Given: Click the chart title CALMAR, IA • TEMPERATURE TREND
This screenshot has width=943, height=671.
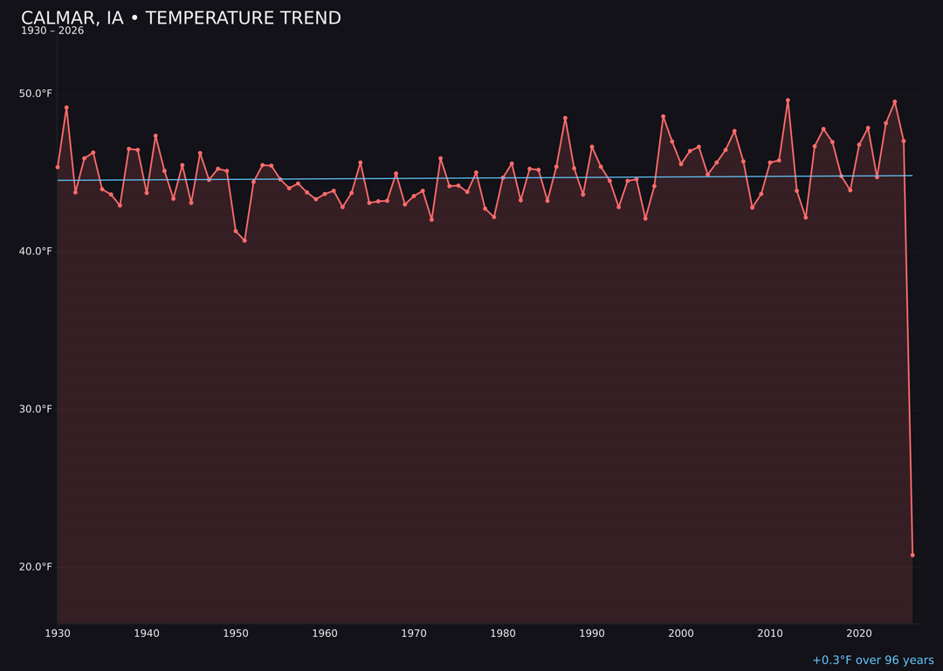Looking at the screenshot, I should [x=181, y=18].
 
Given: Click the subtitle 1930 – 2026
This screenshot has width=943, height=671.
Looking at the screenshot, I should [x=52, y=31].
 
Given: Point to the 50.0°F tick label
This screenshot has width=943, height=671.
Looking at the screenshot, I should [x=36, y=93].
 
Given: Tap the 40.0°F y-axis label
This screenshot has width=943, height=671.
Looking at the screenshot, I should [x=36, y=252].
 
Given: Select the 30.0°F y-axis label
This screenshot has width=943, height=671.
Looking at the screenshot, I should [x=36, y=409].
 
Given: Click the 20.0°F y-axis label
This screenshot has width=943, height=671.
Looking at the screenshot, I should [x=36, y=567].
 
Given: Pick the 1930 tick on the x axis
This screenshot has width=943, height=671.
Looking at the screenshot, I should [x=58, y=633].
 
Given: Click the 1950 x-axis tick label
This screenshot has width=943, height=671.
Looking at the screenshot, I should [x=236, y=633].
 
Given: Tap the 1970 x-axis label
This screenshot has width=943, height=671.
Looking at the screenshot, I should [x=414, y=633].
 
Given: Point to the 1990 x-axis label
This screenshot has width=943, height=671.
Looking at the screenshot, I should [x=592, y=633].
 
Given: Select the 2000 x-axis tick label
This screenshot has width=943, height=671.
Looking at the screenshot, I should [x=681, y=633].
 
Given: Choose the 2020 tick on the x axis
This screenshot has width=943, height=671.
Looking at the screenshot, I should [x=859, y=633].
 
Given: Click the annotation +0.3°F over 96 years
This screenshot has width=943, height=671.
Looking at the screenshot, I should [x=872, y=661].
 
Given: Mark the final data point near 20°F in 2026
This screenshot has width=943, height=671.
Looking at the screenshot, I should [x=912, y=555].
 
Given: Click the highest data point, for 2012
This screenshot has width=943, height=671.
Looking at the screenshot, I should [x=788, y=100].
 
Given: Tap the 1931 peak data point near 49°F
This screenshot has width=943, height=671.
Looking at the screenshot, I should [x=66, y=107].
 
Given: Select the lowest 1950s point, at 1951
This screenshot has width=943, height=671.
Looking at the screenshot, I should [x=244, y=240].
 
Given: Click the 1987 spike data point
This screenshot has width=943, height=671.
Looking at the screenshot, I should [x=565, y=118].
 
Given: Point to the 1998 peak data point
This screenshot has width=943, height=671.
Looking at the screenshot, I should [x=663, y=116].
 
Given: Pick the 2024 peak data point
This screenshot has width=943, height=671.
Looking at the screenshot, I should [x=894, y=101].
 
